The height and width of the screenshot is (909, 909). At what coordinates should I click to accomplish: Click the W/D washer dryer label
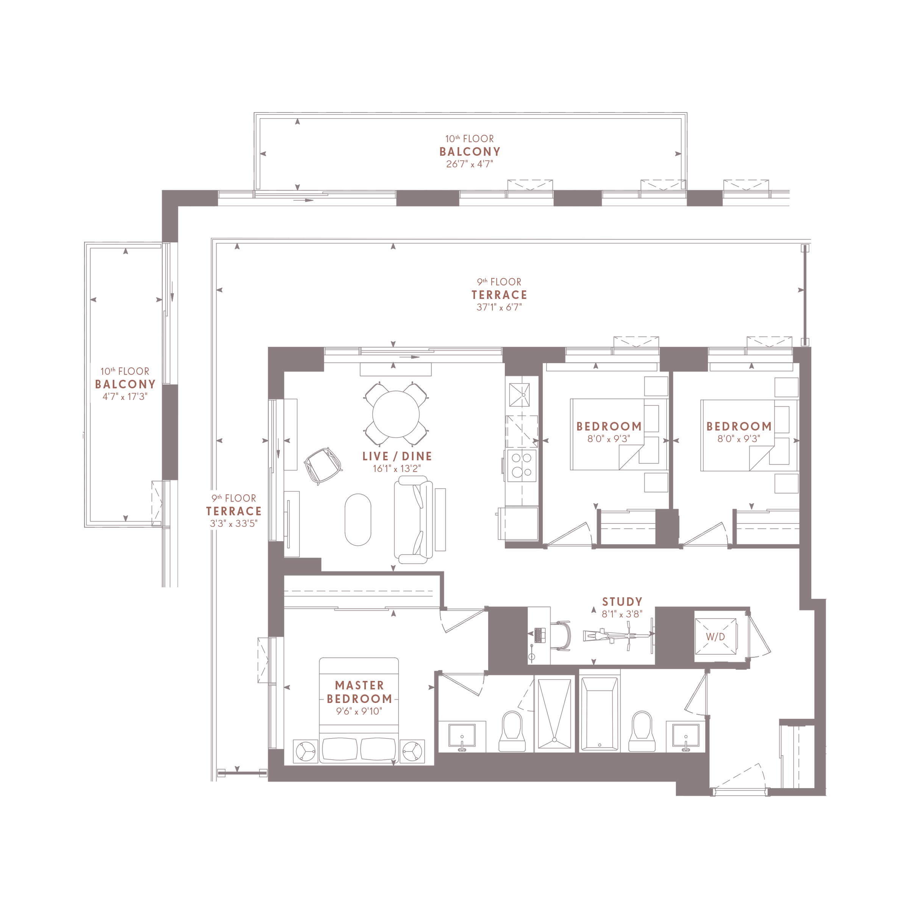[715, 637]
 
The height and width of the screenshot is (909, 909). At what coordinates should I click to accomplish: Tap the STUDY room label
[622, 602]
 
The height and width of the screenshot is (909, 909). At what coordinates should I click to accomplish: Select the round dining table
[396, 414]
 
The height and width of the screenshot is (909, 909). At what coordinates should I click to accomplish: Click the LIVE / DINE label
[397, 456]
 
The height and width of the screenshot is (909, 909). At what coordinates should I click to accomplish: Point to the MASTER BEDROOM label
[359, 692]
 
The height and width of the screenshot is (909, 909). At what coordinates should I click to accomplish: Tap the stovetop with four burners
[521, 465]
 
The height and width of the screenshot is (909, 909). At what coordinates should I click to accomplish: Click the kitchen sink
[519, 395]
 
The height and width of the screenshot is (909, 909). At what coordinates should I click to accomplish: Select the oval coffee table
[358, 519]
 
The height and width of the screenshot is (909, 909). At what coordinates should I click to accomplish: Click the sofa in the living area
[414, 519]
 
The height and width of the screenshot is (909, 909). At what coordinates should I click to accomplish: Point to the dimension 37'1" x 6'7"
[499, 307]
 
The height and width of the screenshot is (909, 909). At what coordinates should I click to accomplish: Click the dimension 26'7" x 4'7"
[470, 164]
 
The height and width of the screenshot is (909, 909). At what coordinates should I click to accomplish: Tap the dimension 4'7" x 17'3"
[125, 397]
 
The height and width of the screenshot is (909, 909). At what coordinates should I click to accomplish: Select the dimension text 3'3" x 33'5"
[233, 524]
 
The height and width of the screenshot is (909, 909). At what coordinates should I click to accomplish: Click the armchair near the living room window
[323, 465]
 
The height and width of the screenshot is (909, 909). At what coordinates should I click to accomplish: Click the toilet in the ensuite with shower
[512, 731]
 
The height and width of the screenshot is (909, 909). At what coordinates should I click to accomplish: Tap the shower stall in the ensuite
[554, 713]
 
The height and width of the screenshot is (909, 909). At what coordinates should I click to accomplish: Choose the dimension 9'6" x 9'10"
[359, 711]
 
